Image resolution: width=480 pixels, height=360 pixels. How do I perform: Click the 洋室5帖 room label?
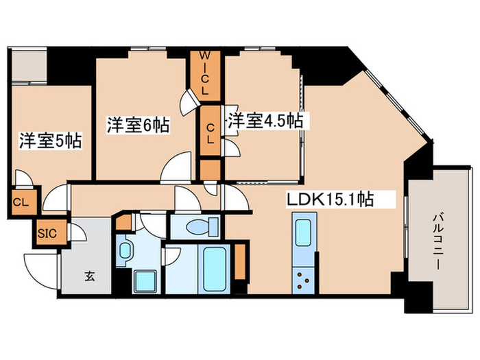coord(50,141)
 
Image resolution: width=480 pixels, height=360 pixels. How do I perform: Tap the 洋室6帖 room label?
coord(138,125)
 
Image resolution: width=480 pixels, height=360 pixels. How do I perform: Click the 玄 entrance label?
coord(89,276)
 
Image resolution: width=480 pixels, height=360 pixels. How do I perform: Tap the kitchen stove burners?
coord(302,278)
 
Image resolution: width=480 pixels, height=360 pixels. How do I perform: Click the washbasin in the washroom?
coord(125,250)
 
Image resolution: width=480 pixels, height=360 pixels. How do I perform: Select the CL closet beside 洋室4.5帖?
coord(209,130)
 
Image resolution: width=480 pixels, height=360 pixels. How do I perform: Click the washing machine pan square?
coord(145,281)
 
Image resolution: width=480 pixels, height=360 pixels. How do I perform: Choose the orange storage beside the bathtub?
coord(239,261)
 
